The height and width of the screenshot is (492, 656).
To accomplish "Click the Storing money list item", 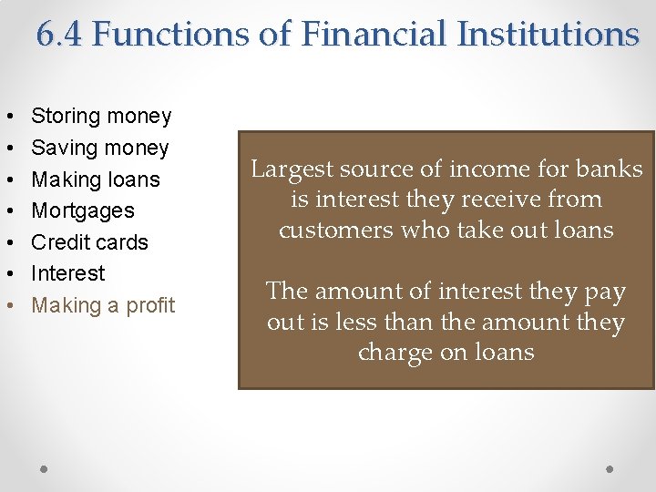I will [x=101, y=116].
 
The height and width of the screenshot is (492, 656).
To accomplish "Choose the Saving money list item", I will [x=100, y=148].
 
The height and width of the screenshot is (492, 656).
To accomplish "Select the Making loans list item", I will [x=96, y=179].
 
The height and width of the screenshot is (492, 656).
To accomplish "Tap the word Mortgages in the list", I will [x=83, y=210].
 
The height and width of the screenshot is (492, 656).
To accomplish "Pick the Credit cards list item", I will [x=89, y=242].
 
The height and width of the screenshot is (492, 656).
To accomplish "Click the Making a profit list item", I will [x=103, y=305].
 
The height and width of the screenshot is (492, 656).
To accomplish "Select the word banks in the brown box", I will [x=612, y=169].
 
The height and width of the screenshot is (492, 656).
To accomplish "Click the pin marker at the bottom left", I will [x=45, y=468].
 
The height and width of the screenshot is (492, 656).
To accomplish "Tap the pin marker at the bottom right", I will [x=610, y=468].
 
